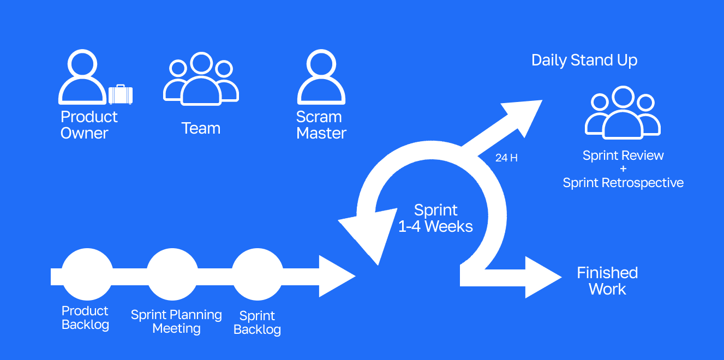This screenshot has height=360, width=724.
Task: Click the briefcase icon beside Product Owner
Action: pos(121,95)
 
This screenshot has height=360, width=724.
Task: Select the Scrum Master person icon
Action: pos(321,77)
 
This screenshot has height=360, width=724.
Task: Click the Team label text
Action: pos(201,128)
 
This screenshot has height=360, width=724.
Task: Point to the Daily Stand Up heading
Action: pos(584,60)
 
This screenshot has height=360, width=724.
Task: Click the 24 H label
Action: pos(506,158)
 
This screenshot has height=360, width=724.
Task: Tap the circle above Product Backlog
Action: pos(87,274)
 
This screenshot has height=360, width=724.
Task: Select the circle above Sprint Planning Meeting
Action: pos(172,274)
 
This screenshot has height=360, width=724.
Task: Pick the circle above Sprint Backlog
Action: pos(258,274)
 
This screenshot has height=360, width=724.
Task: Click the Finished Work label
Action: pos(607,280)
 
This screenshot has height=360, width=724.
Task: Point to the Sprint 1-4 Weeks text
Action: pos(435,218)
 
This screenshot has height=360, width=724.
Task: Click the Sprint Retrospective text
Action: pos(623,183)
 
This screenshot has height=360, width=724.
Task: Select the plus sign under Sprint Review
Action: pos(623,169)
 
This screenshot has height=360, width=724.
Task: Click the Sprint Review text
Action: pos(623,155)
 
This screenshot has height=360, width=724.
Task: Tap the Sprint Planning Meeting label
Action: pos(176,322)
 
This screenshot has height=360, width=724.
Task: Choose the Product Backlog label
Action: pos(85,318)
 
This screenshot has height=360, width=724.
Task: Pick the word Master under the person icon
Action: pos(321,133)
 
